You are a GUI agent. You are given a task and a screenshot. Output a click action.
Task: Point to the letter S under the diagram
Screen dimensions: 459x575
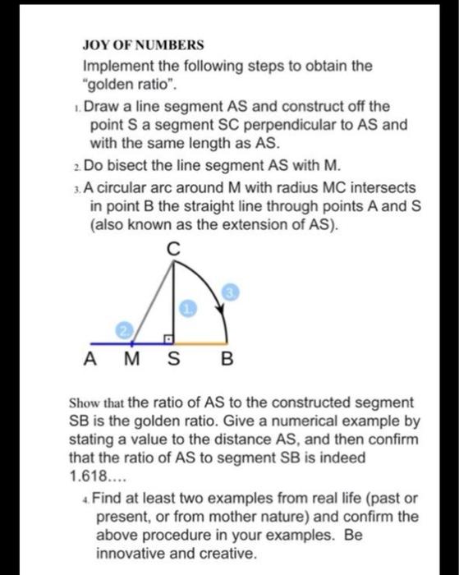click(x=172, y=359)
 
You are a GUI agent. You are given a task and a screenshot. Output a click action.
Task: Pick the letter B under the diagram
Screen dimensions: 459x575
click(x=227, y=359)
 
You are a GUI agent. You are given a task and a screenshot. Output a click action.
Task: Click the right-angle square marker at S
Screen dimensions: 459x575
click(x=168, y=337)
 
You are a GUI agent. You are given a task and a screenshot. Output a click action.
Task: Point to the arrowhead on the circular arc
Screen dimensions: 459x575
click(x=220, y=308)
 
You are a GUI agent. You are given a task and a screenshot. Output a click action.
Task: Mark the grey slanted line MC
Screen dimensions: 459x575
click(x=148, y=300)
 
